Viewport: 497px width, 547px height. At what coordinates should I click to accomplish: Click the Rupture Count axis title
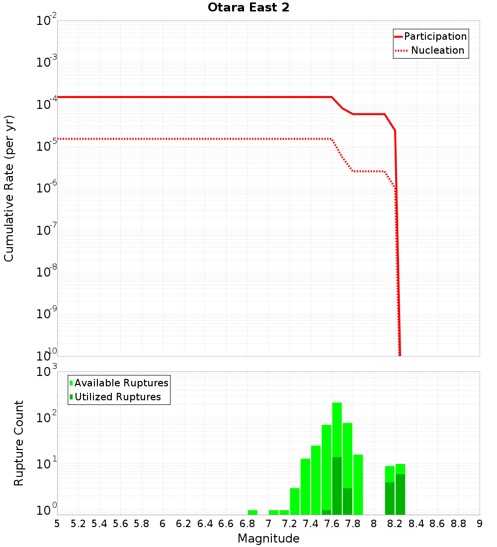point(19,443)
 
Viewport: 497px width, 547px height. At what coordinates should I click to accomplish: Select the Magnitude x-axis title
point(268,538)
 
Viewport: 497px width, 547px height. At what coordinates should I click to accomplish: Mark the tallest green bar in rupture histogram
point(337,433)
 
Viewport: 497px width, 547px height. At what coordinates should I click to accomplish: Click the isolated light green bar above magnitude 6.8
point(252,512)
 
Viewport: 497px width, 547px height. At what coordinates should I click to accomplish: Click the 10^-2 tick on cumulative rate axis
point(47,21)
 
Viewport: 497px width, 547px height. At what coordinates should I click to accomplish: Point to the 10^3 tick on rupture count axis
point(47,372)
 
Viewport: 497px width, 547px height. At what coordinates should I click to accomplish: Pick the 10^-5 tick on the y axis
point(47,147)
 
